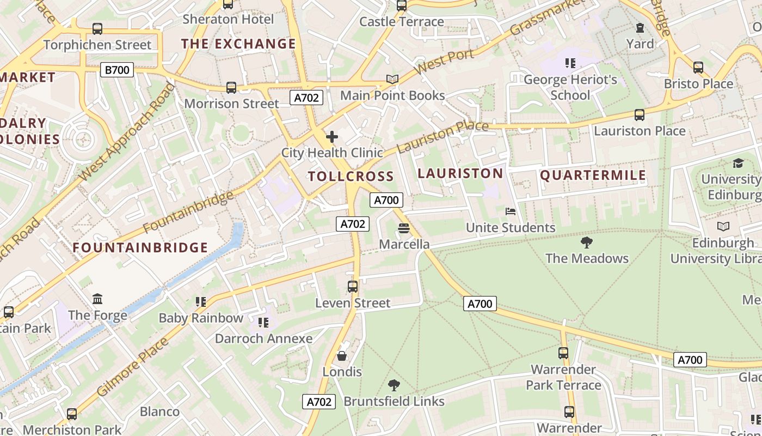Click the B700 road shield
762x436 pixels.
[117, 70]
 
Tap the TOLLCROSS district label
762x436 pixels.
[351, 176]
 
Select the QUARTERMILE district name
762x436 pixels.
[593, 175]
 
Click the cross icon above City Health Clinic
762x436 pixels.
[331, 137]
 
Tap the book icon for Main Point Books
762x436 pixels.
[392, 80]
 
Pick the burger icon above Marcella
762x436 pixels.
[403, 228]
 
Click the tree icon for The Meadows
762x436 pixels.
[586, 243]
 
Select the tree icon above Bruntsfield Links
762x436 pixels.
[394, 386]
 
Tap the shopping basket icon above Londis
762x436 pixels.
[342, 356]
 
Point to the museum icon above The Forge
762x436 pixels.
[97, 299]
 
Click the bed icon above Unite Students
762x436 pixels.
[510, 211]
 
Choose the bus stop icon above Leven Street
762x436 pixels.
[353, 287]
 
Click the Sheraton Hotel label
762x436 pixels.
[228, 19]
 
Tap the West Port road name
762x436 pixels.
[444, 63]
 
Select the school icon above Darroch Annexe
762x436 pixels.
[263, 323]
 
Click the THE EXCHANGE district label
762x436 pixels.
[238, 44]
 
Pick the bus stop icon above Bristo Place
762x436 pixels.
[698, 68]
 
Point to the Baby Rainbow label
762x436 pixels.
[201, 318]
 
